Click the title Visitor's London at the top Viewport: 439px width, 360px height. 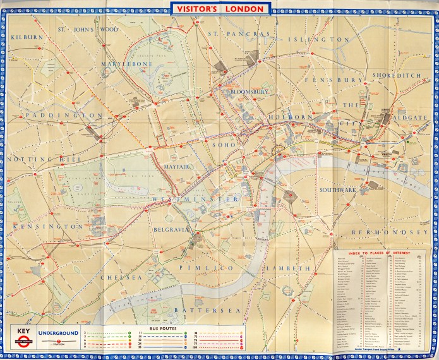click(219, 8)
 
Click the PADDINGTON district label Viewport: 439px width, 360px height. click(64, 116)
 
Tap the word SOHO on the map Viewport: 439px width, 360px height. click(227, 145)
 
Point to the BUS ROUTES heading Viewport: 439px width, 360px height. click(164, 330)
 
